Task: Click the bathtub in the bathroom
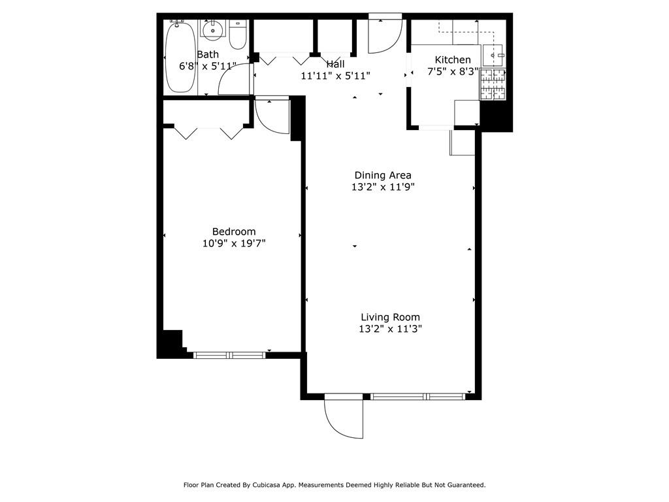(x=180, y=58)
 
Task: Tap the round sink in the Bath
(x=213, y=30)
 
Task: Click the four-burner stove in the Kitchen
(x=493, y=84)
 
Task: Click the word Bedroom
(x=234, y=231)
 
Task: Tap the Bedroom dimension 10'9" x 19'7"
(x=234, y=244)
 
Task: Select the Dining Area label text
(x=383, y=175)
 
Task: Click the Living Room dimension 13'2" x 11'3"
(x=390, y=329)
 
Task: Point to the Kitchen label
(x=453, y=59)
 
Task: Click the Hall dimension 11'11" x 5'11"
(x=335, y=76)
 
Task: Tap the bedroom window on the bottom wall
(x=229, y=355)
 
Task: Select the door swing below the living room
(x=344, y=418)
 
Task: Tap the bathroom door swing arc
(x=233, y=80)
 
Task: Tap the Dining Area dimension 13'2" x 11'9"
(x=383, y=187)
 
